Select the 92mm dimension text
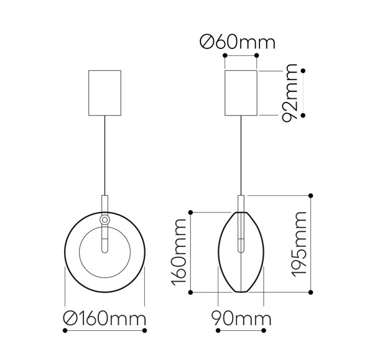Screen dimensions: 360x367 coord(290,93)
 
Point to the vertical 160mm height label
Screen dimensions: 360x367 coord(179,252)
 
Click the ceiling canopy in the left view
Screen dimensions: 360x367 coord(105,93)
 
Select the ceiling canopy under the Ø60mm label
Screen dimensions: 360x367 coord(241,93)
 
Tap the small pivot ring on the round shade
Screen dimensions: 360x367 coord(105,219)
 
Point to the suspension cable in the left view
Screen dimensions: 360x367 coord(105,155)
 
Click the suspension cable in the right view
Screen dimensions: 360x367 coord(241,155)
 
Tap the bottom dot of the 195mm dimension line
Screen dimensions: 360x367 coord(311,292)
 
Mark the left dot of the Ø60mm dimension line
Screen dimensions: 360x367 coord(225,55)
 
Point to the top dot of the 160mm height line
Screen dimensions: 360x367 coord(192,213)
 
